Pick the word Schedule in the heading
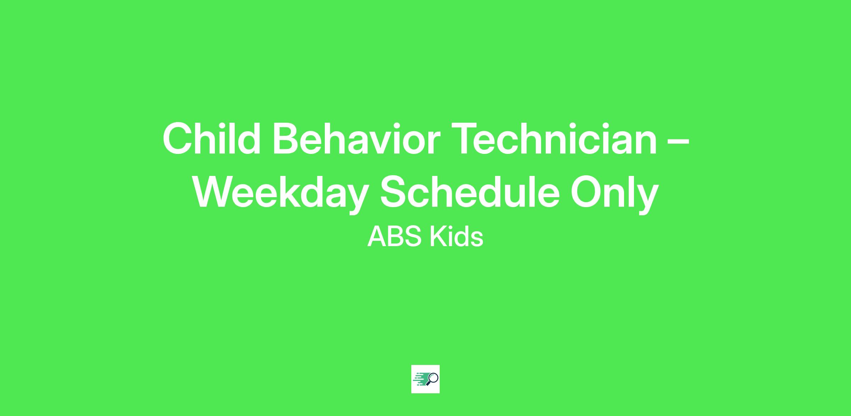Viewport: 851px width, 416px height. click(470, 192)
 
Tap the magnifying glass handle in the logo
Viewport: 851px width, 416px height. click(428, 383)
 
